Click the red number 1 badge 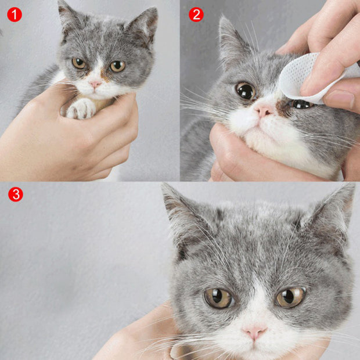(15, 15)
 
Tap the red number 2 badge (196, 15)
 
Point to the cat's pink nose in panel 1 (95, 84)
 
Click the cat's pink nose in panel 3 (254, 332)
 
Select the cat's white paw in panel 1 (81, 108)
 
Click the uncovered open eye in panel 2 (245, 90)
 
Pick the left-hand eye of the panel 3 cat (218, 298)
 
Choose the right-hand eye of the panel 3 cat (290, 297)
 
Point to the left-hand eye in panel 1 (79, 63)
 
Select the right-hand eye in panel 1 (117, 66)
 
